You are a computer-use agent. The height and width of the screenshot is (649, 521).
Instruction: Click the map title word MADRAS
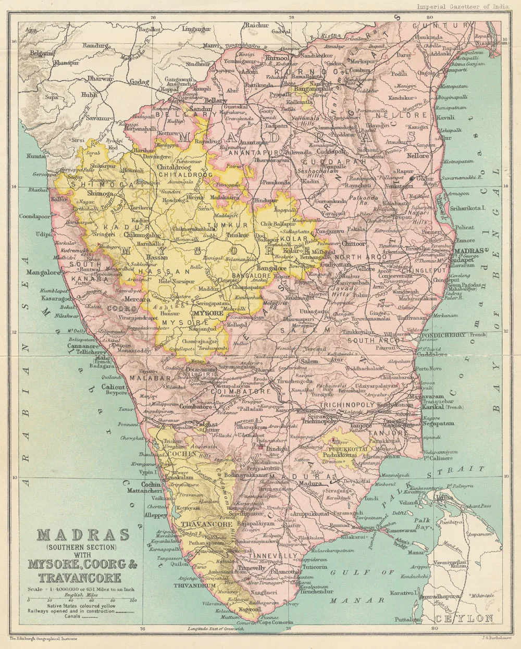tap(84, 535)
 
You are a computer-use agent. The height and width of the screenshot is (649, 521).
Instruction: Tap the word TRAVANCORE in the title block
tap(79, 578)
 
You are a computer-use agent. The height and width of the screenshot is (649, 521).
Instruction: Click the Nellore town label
tap(418, 155)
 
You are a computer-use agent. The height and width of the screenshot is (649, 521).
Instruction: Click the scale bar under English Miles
tap(81, 598)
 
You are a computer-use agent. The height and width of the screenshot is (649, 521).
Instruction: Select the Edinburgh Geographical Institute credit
tap(43, 638)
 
